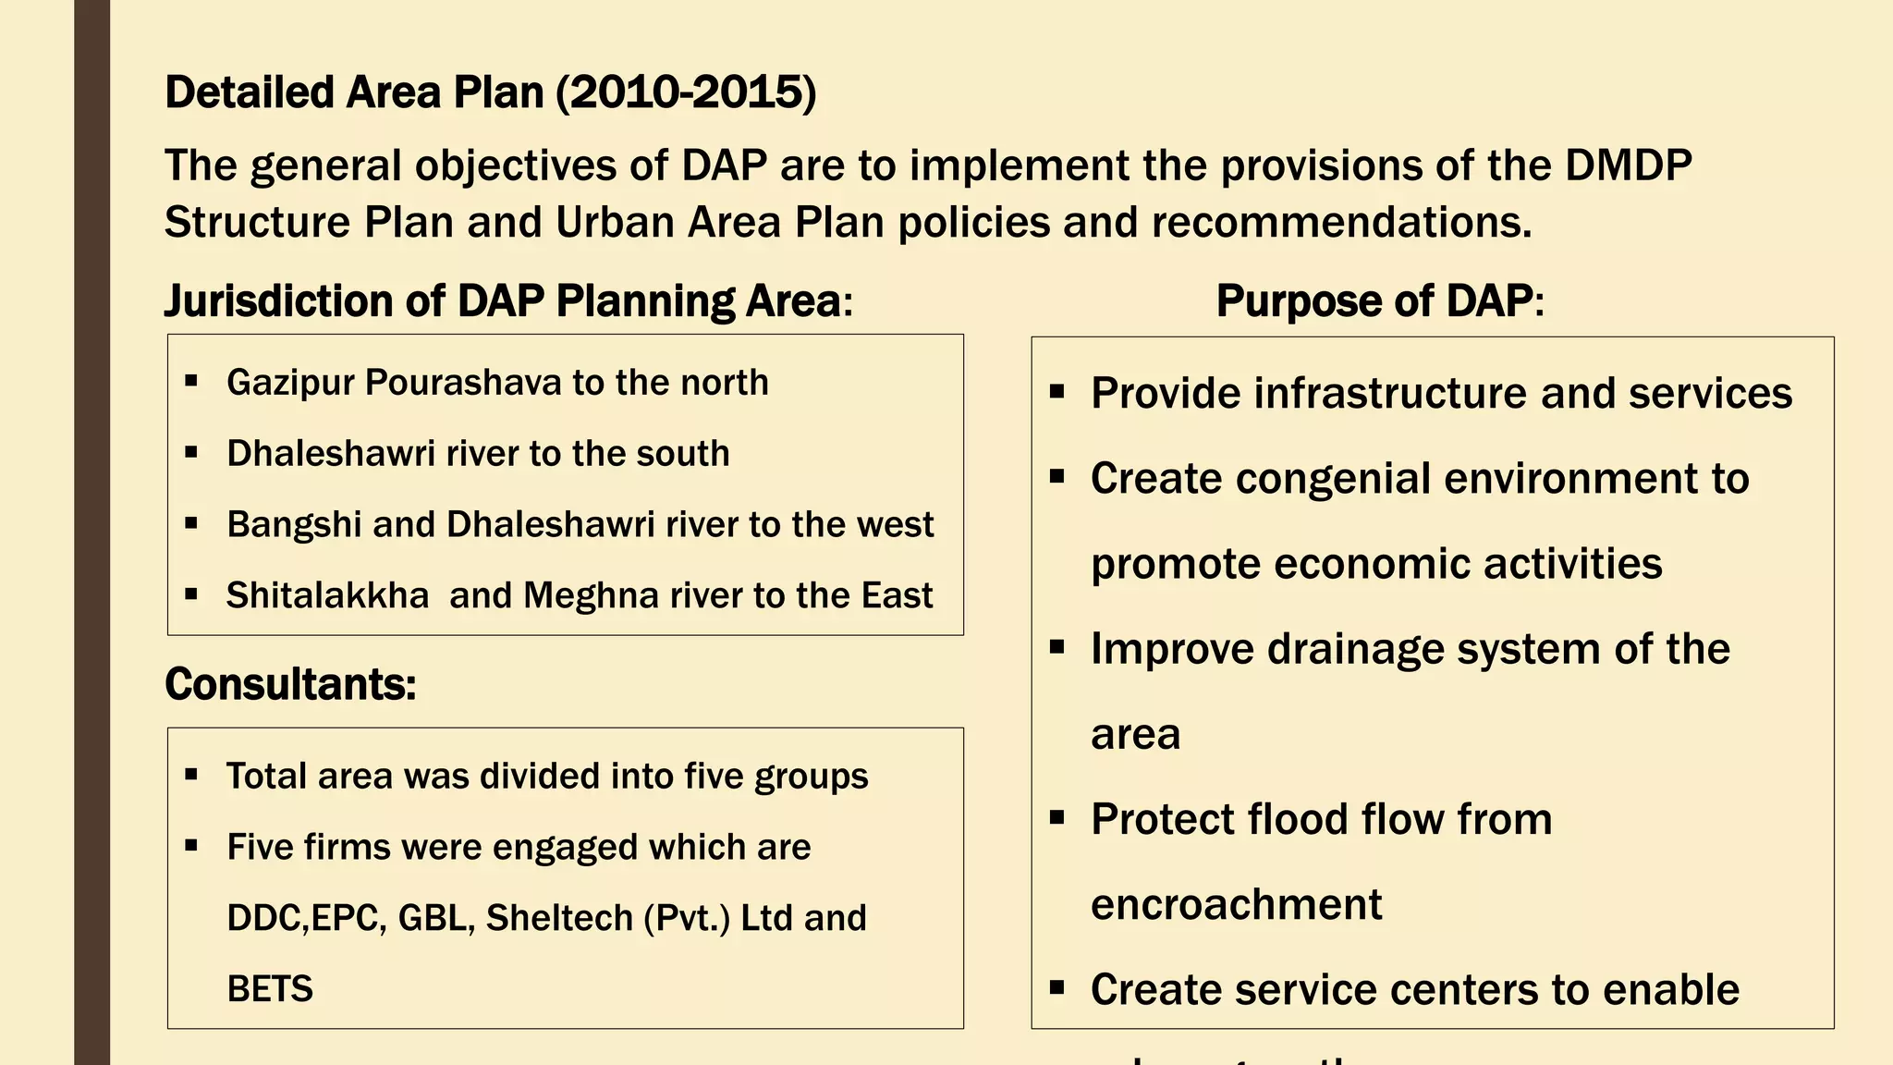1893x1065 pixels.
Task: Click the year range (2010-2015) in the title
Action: point(687,92)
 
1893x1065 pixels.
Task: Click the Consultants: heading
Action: point(290,685)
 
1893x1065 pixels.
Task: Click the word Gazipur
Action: point(289,383)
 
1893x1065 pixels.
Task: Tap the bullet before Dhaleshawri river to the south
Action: point(191,453)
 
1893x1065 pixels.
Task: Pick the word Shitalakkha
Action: point(327,596)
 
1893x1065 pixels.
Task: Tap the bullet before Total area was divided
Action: point(191,775)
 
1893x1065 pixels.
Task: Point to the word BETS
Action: point(270,989)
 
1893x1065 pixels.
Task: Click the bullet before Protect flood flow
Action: point(1057,818)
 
